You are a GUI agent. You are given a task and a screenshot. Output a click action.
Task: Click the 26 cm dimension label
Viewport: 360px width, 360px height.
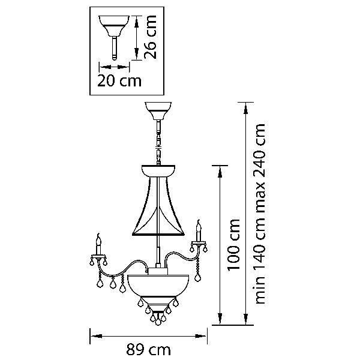click(x=151, y=37)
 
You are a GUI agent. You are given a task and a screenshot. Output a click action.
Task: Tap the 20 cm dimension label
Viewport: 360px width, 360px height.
click(x=119, y=81)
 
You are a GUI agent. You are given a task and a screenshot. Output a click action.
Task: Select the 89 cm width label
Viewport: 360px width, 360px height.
click(x=149, y=350)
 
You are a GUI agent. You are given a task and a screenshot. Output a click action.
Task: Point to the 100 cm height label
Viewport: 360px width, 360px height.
click(x=234, y=245)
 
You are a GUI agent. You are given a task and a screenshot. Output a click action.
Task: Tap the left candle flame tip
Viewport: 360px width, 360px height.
click(x=99, y=234)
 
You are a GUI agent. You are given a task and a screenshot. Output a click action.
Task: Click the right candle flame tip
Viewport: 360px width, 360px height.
click(x=199, y=221)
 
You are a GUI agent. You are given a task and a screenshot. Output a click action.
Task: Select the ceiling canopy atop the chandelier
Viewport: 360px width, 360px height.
click(x=158, y=110)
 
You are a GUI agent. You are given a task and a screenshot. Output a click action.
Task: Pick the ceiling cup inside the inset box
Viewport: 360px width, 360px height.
click(x=114, y=26)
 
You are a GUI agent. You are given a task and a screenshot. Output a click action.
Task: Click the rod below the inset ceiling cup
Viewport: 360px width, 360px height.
click(x=115, y=48)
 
